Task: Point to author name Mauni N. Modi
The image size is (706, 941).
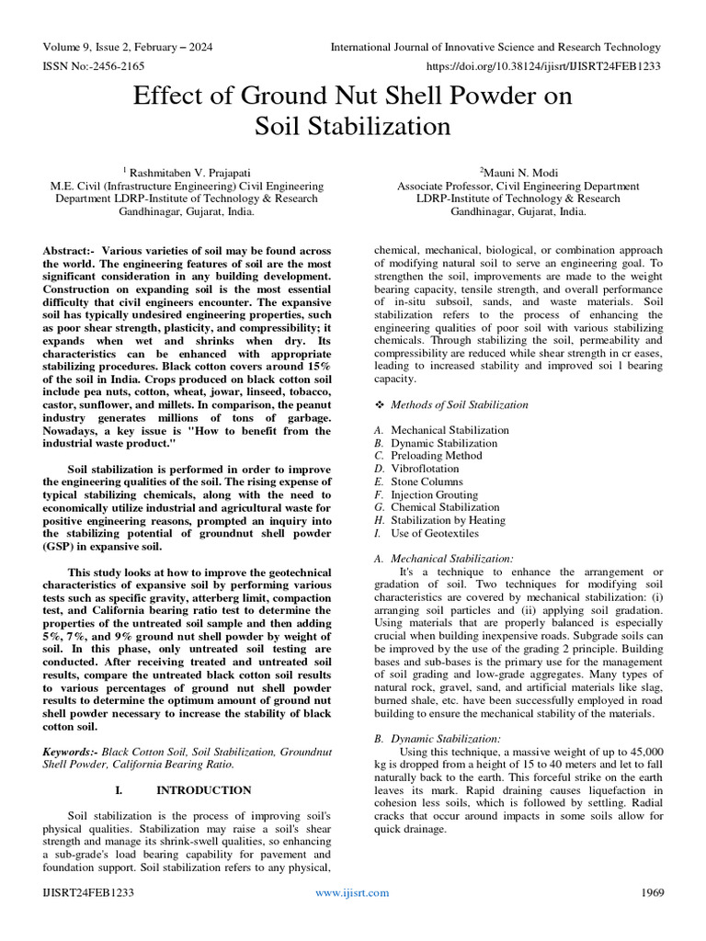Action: tap(517, 172)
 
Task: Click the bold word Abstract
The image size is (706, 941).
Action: tap(68, 250)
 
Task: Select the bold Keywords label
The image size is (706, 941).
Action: tap(70, 751)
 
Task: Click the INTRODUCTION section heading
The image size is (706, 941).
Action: tap(203, 789)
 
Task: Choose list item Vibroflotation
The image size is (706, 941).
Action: tap(427, 469)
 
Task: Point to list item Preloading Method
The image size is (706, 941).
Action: tap(436, 456)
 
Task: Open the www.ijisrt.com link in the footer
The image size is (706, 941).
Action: tap(352, 892)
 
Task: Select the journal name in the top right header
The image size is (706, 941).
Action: tap(495, 47)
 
